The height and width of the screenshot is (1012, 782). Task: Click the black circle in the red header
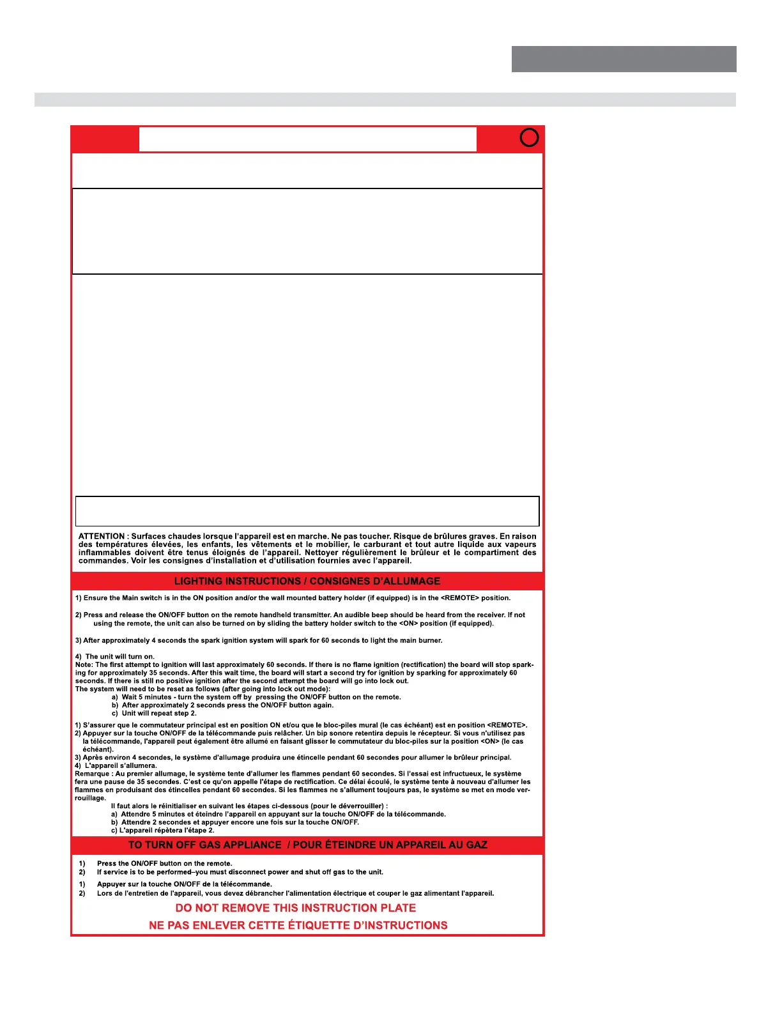pos(529,137)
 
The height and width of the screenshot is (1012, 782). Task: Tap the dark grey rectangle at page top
pos(624,59)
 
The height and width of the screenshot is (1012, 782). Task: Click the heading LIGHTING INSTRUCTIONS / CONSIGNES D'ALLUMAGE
pos(307,581)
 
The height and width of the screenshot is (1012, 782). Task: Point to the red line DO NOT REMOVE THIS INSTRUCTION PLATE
pos(295,908)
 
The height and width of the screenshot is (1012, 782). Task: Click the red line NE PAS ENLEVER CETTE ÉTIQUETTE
pos(298,925)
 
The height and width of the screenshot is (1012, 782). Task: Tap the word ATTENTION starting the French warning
pos(102,537)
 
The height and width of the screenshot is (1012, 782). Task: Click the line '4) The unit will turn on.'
pos(115,657)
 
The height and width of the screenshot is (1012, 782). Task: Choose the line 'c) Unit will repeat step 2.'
pos(154,714)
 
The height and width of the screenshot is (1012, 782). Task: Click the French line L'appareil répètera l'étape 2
pos(163,831)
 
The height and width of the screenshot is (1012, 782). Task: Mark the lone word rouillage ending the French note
pos(90,798)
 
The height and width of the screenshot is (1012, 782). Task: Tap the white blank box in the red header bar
pos(307,139)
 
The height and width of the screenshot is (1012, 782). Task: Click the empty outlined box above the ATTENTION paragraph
pos(307,511)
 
